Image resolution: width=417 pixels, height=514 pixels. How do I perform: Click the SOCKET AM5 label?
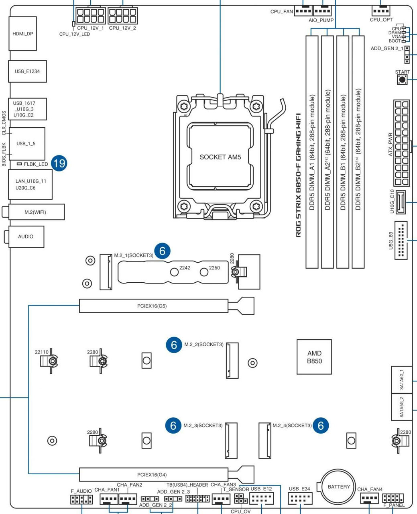click(x=220, y=157)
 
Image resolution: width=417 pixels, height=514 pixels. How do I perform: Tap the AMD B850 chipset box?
click(x=314, y=357)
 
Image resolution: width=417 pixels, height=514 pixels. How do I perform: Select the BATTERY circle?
click(x=339, y=487)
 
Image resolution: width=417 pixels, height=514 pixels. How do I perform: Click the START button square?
click(x=402, y=80)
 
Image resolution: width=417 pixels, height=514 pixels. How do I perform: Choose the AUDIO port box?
click(x=26, y=237)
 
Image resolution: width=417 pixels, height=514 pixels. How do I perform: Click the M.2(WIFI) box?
click(x=35, y=212)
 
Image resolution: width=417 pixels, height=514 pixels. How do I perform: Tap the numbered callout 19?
click(x=59, y=163)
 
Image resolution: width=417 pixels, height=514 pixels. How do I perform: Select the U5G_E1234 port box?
click(x=27, y=71)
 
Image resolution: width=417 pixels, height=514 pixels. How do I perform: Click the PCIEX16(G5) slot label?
click(x=152, y=306)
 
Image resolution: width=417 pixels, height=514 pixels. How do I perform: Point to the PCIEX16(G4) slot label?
click(x=152, y=475)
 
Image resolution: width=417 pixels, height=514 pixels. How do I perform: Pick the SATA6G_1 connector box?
click(x=401, y=380)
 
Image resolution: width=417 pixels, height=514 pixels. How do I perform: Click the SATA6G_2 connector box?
click(x=401, y=406)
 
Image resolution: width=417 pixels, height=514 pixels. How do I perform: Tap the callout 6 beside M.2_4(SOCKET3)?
click(x=321, y=425)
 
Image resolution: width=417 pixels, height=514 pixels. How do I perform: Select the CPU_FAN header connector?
click(x=303, y=11)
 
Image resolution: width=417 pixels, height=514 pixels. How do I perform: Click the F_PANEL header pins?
click(x=393, y=498)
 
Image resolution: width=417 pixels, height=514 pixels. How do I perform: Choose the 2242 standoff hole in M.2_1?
click(x=175, y=272)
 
